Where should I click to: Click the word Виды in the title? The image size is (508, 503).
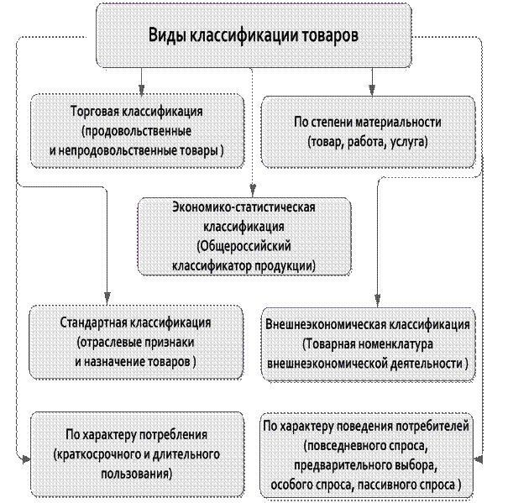click(x=167, y=35)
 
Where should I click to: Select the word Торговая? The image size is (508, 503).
click(x=94, y=112)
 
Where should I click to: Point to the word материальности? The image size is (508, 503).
click(x=398, y=123)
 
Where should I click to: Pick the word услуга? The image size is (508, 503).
click(x=409, y=142)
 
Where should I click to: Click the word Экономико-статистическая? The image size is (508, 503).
click(x=244, y=207)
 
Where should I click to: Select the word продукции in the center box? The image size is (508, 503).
click(x=285, y=266)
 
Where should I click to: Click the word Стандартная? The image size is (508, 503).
click(x=93, y=322)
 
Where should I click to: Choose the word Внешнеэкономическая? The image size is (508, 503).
click(x=325, y=324)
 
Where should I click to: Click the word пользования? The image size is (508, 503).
click(x=136, y=474)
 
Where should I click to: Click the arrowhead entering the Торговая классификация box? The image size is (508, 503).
click(x=141, y=90)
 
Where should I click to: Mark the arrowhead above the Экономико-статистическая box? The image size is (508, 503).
click(x=253, y=189)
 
